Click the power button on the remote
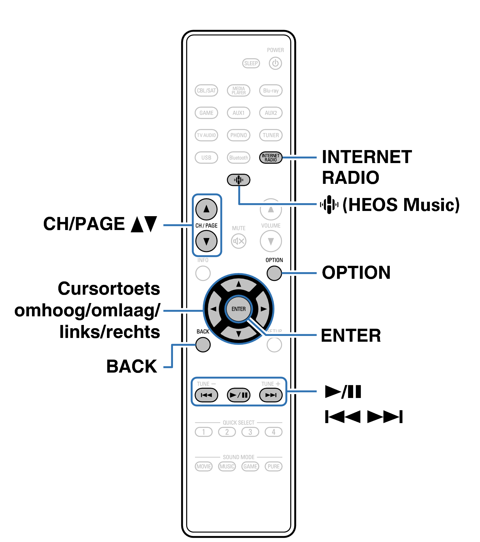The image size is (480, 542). [275, 63]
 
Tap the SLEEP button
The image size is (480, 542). [251, 63]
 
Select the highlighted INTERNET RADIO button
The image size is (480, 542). [270, 158]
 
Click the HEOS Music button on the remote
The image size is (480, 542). [238, 180]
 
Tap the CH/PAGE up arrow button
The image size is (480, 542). [206, 209]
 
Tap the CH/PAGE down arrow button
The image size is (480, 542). [206, 241]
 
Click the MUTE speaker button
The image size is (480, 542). [238, 241]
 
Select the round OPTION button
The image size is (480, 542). [274, 273]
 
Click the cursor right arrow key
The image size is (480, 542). [263, 309]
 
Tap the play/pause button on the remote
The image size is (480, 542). [238, 395]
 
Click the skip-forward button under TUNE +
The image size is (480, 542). [270, 395]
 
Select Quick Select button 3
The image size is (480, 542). [250, 432]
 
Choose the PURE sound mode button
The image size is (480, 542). [273, 466]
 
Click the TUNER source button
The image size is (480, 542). [270, 135]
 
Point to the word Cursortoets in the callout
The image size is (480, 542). [109, 288]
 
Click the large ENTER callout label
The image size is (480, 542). [351, 335]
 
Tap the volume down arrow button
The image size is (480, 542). [270, 241]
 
